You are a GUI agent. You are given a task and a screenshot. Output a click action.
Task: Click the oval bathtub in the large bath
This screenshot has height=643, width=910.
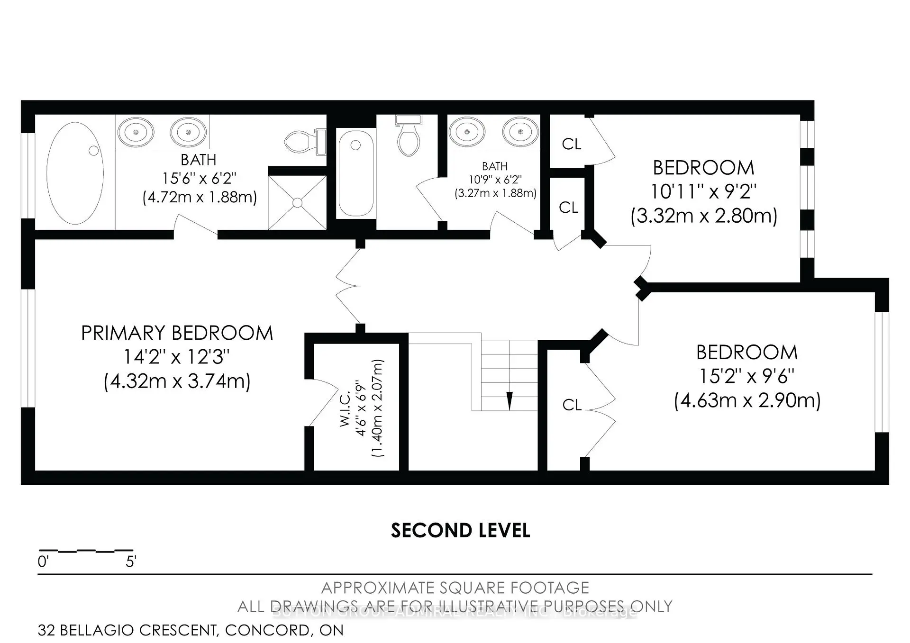click(x=75, y=173)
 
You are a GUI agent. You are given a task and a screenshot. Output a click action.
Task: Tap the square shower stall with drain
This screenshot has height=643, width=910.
click(x=297, y=203)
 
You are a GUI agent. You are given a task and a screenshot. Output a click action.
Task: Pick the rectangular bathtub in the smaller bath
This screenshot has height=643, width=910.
click(x=355, y=173)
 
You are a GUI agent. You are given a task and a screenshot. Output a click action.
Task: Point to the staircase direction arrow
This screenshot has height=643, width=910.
click(x=510, y=400)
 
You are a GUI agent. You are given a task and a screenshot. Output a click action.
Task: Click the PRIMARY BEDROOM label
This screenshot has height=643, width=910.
click(x=177, y=333)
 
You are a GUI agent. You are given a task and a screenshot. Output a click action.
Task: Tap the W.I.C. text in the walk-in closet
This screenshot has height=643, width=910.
click(x=345, y=409)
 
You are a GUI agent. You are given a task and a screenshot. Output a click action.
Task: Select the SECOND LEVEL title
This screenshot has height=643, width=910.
click(x=460, y=531)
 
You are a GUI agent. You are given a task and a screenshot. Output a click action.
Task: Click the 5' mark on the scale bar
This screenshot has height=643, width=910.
click(x=131, y=562)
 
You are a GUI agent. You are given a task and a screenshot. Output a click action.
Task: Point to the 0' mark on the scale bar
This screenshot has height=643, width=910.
click(x=43, y=562)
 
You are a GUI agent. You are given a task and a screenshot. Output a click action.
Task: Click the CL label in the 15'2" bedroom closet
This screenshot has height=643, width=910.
click(x=572, y=405)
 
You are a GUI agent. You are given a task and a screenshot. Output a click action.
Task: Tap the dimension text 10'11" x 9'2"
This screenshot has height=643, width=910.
click(x=703, y=192)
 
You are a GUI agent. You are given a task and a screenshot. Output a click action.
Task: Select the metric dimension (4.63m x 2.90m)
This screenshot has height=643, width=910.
click(x=747, y=401)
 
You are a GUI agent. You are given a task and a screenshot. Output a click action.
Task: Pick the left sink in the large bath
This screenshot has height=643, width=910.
click(x=136, y=132)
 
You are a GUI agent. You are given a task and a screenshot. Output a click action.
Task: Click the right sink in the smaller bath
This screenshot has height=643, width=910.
click(x=520, y=132)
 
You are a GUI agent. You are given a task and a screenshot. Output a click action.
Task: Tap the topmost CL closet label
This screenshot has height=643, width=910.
click(x=571, y=144)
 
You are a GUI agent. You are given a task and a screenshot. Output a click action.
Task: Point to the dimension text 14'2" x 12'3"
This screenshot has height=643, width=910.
click(x=177, y=357)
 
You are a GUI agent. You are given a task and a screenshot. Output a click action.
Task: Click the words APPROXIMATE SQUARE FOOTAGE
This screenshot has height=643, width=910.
click(x=455, y=588)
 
